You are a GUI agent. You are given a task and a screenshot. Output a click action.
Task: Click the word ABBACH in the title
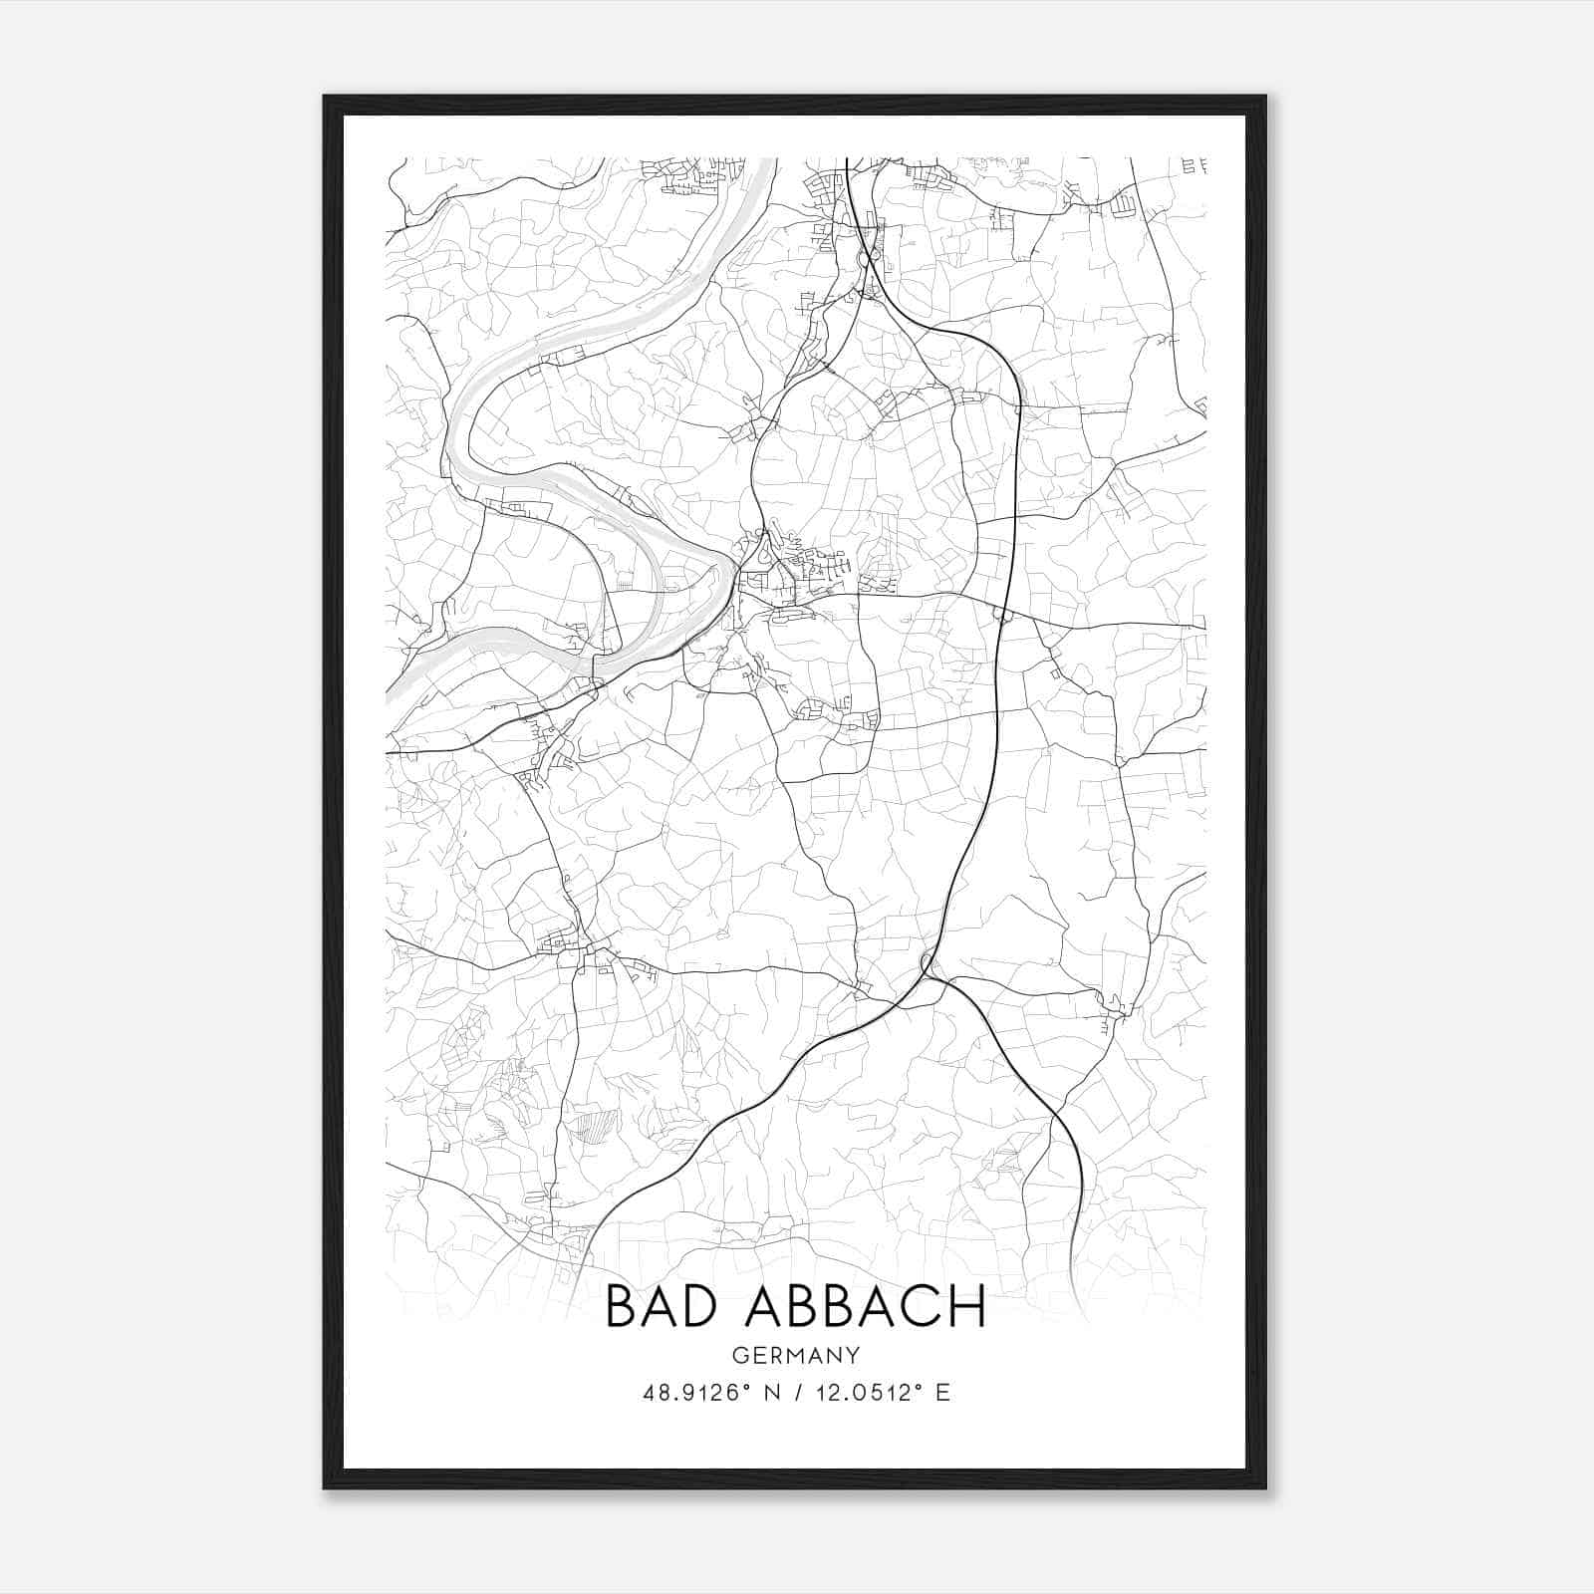tap(866, 1306)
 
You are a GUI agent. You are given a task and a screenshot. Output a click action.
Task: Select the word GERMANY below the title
tap(796, 1355)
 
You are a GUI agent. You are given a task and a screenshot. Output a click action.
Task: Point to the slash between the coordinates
tap(798, 1393)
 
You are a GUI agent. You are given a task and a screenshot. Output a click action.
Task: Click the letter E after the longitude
tap(942, 1393)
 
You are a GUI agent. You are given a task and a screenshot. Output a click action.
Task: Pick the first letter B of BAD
tap(621, 1306)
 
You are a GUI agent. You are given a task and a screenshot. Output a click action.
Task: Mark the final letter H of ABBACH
tap(967, 1306)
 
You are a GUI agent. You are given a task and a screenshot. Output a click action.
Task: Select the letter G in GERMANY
tap(738, 1355)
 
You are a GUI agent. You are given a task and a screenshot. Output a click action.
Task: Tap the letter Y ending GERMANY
tap(853, 1355)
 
